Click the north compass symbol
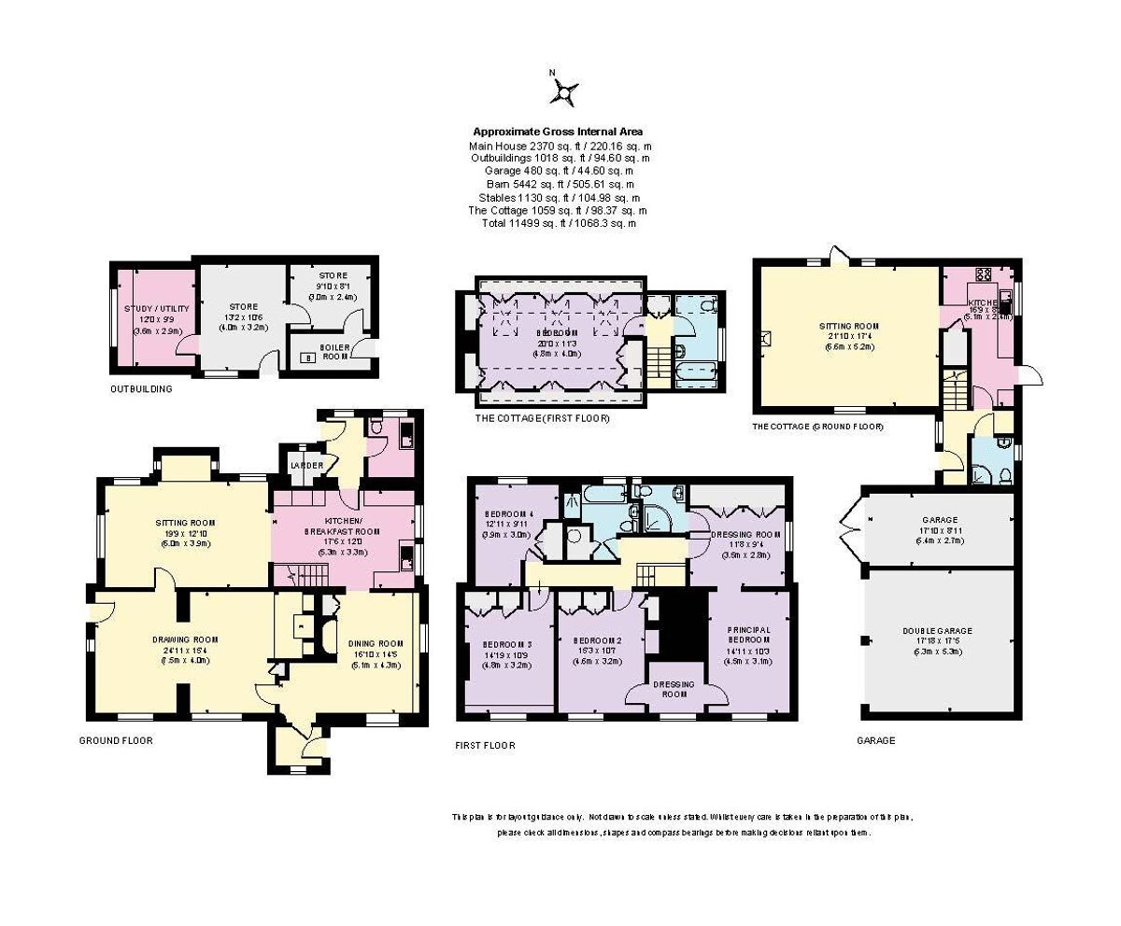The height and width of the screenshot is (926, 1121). click(x=564, y=91)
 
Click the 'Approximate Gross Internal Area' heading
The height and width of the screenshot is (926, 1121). click(x=558, y=132)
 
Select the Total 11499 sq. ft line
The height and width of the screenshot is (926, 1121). click(x=558, y=223)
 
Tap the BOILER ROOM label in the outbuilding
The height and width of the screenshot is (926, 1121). click(x=334, y=351)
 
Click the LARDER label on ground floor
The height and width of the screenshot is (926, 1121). click(x=306, y=465)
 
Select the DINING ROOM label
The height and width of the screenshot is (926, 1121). click(x=376, y=643)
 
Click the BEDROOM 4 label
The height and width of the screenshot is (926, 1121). click(x=507, y=513)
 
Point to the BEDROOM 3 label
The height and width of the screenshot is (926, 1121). click(x=507, y=645)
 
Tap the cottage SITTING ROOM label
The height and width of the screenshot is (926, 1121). click(x=848, y=326)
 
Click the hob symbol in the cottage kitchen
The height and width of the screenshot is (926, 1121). click(x=983, y=274)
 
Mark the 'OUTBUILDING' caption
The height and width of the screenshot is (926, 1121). click(x=140, y=389)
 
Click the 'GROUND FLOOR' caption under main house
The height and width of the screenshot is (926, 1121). click(x=116, y=740)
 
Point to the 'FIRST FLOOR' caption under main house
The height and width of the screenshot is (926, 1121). click(x=485, y=746)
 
